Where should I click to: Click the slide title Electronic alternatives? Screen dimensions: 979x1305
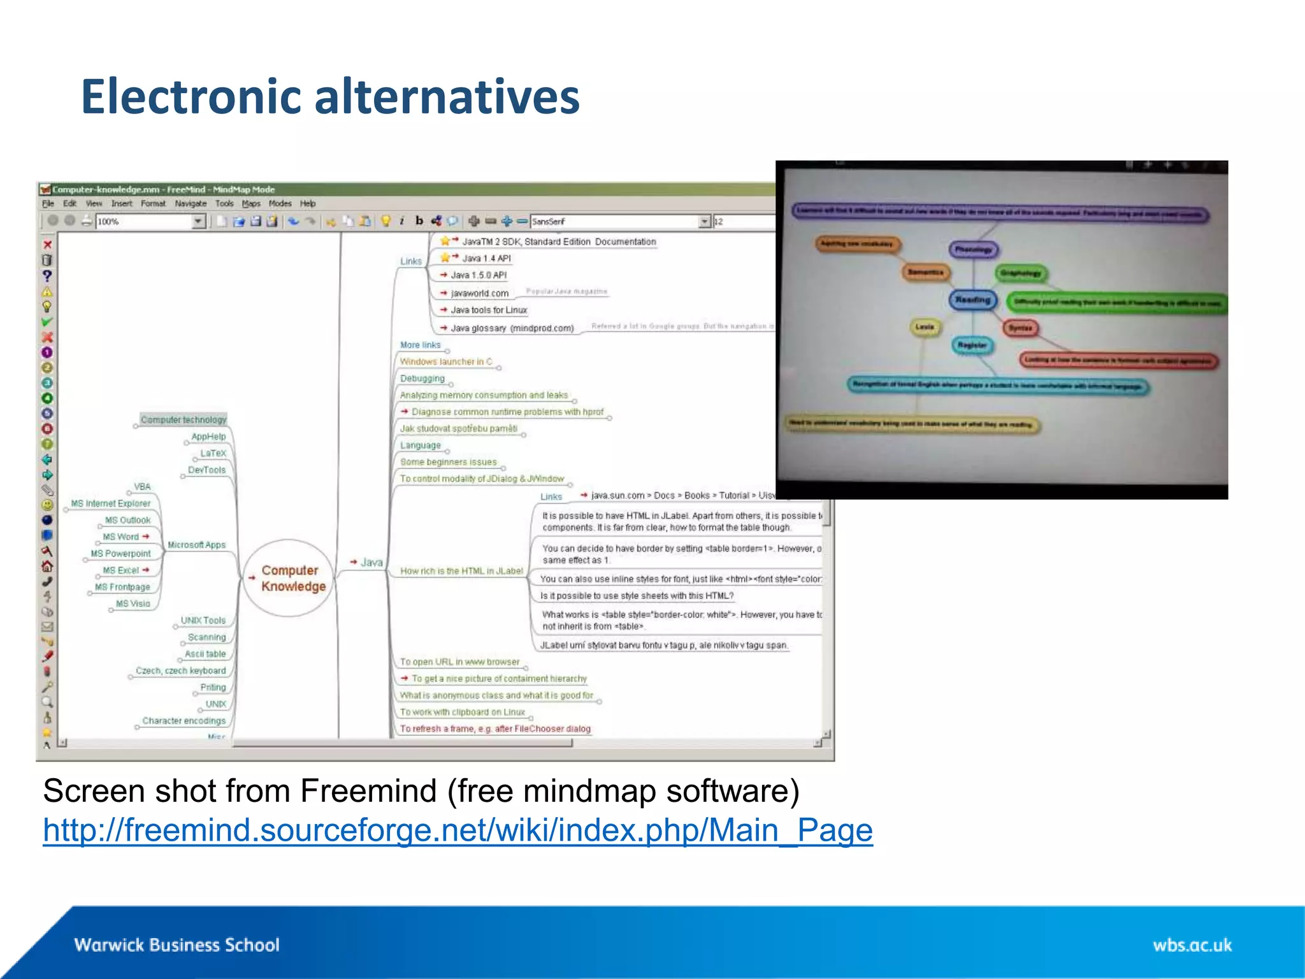pos(330,97)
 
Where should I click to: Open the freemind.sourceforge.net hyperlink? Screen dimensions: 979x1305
pos(458,830)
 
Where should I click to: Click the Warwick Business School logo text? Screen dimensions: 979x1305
pos(177,945)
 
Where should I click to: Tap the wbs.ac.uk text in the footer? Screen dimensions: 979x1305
pos(1192,945)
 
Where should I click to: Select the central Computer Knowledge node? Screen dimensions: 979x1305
pos(290,578)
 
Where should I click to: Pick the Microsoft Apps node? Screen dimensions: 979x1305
pos(196,545)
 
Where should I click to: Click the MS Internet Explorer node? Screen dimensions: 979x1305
pos(111,504)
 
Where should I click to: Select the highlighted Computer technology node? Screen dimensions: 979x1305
pos(184,419)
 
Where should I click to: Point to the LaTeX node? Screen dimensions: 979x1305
pos(213,453)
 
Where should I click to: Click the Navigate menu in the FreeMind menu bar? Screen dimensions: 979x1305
pos(191,203)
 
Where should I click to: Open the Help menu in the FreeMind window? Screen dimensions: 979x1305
pos(308,203)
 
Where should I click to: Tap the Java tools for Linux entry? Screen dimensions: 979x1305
pos(489,310)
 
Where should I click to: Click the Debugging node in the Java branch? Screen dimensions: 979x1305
pos(422,378)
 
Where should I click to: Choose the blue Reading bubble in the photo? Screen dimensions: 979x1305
pos(972,300)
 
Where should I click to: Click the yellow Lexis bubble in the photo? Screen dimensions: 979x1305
pos(925,327)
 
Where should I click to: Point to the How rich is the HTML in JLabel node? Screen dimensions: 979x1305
pos(461,571)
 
